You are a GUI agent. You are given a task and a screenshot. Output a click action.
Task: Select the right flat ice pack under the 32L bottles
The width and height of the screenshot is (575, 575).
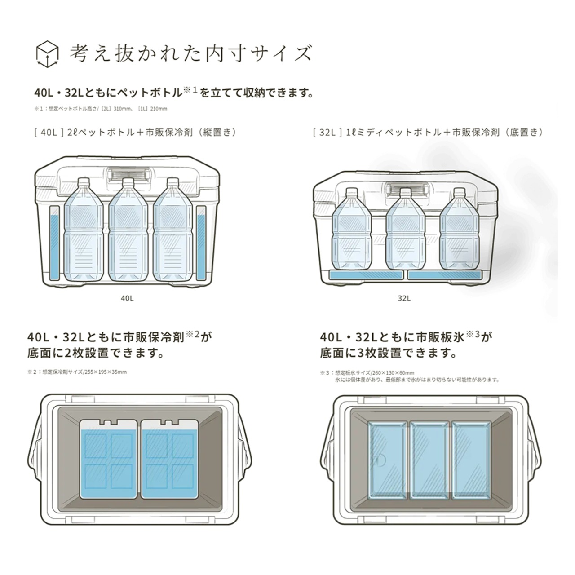(x=444, y=275)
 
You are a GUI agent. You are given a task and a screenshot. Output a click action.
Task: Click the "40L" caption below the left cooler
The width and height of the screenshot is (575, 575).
(x=127, y=298)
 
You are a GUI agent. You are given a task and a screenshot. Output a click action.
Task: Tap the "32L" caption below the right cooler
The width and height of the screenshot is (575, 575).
(x=404, y=298)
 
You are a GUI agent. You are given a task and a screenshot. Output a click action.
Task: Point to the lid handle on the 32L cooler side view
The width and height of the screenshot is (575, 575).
(x=406, y=188)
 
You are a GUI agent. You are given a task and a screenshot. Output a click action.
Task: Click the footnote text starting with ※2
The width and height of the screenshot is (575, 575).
(x=77, y=372)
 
